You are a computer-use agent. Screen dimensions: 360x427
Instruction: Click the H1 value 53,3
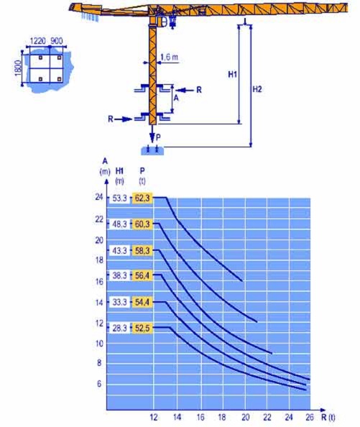[x=119, y=198]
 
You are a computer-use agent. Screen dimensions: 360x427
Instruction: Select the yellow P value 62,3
[x=142, y=198]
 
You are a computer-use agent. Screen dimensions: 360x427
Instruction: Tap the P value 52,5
[x=142, y=328]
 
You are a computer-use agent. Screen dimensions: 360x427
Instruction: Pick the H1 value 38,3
[x=119, y=275]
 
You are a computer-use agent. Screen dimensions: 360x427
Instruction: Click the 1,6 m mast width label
[x=170, y=58]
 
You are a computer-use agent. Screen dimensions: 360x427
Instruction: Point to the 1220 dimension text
[x=38, y=41]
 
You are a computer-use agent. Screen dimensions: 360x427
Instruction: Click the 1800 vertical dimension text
[x=18, y=68]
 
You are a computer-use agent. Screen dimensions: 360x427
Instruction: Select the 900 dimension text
[x=57, y=41]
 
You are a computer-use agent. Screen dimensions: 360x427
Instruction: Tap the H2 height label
[x=257, y=89]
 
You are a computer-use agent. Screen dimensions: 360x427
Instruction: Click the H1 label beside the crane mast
[x=232, y=74]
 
